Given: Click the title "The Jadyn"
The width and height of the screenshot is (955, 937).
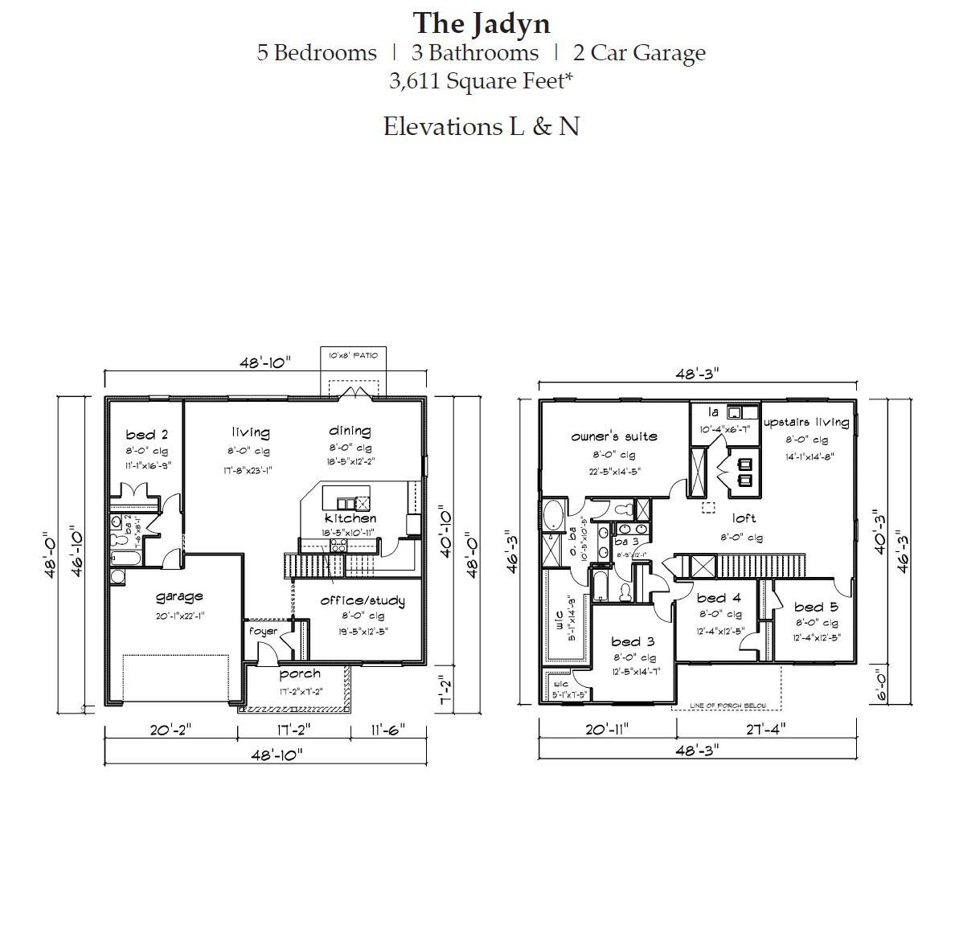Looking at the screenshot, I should click(481, 23).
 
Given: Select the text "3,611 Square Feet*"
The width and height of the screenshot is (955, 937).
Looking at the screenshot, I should click(481, 80).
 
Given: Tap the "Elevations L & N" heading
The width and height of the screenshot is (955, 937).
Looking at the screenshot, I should click(481, 126).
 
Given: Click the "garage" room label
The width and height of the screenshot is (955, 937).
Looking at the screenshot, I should click(178, 596).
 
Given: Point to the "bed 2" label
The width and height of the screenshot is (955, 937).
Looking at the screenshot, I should click(146, 435).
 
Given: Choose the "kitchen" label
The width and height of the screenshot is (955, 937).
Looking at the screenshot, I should click(350, 518).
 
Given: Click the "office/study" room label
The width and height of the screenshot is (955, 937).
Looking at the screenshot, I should click(362, 600).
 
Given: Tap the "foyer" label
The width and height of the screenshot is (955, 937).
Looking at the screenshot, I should click(263, 631).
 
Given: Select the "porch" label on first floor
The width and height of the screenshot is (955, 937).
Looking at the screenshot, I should click(300, 673).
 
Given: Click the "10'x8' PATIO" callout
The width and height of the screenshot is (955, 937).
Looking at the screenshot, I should click(353, 355).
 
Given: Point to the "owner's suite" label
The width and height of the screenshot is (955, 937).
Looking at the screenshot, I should click(614, 436).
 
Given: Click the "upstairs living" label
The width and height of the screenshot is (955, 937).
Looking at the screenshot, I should click(805, 422).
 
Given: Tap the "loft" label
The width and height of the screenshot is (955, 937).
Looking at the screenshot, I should click(744, 518).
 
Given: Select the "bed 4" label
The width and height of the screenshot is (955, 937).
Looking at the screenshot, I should click(719, 598).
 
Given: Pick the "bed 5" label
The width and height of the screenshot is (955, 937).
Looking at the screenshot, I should click(816, 607).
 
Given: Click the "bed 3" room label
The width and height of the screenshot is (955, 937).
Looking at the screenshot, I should click(633, 641).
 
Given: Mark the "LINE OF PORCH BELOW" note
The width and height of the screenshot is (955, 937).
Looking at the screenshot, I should click(728, 706).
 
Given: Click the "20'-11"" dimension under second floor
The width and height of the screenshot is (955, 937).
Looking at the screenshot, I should click(607, 729).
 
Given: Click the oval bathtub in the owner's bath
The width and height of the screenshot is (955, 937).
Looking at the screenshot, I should click(555, 515).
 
